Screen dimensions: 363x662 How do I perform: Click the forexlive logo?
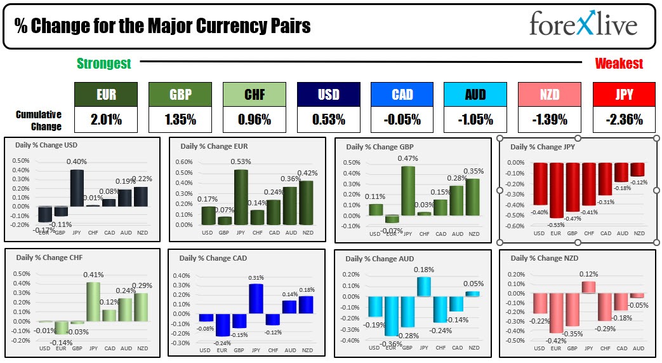tap(583, 25)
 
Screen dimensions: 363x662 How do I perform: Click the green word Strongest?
tap(103, 63)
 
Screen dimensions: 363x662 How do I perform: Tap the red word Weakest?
tap(619, 63)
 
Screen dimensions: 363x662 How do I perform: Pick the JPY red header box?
tap(623, 94)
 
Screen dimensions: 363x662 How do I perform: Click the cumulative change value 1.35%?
tap(180, 119)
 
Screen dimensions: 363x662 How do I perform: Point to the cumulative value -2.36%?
tap(623, 119)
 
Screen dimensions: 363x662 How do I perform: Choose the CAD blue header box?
tap(402, 94)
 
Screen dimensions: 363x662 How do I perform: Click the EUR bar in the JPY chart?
tap(557, 190)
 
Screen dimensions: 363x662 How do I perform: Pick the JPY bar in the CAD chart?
tap(256, 299)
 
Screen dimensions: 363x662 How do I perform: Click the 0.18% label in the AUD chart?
tap(424, 270)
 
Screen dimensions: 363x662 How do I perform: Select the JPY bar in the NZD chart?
tap(589, 287)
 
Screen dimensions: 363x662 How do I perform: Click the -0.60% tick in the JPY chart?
tap(515, 226)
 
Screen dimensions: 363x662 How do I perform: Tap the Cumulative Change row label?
tap(39, 120)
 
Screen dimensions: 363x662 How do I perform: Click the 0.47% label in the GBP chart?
tap(408, 158)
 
